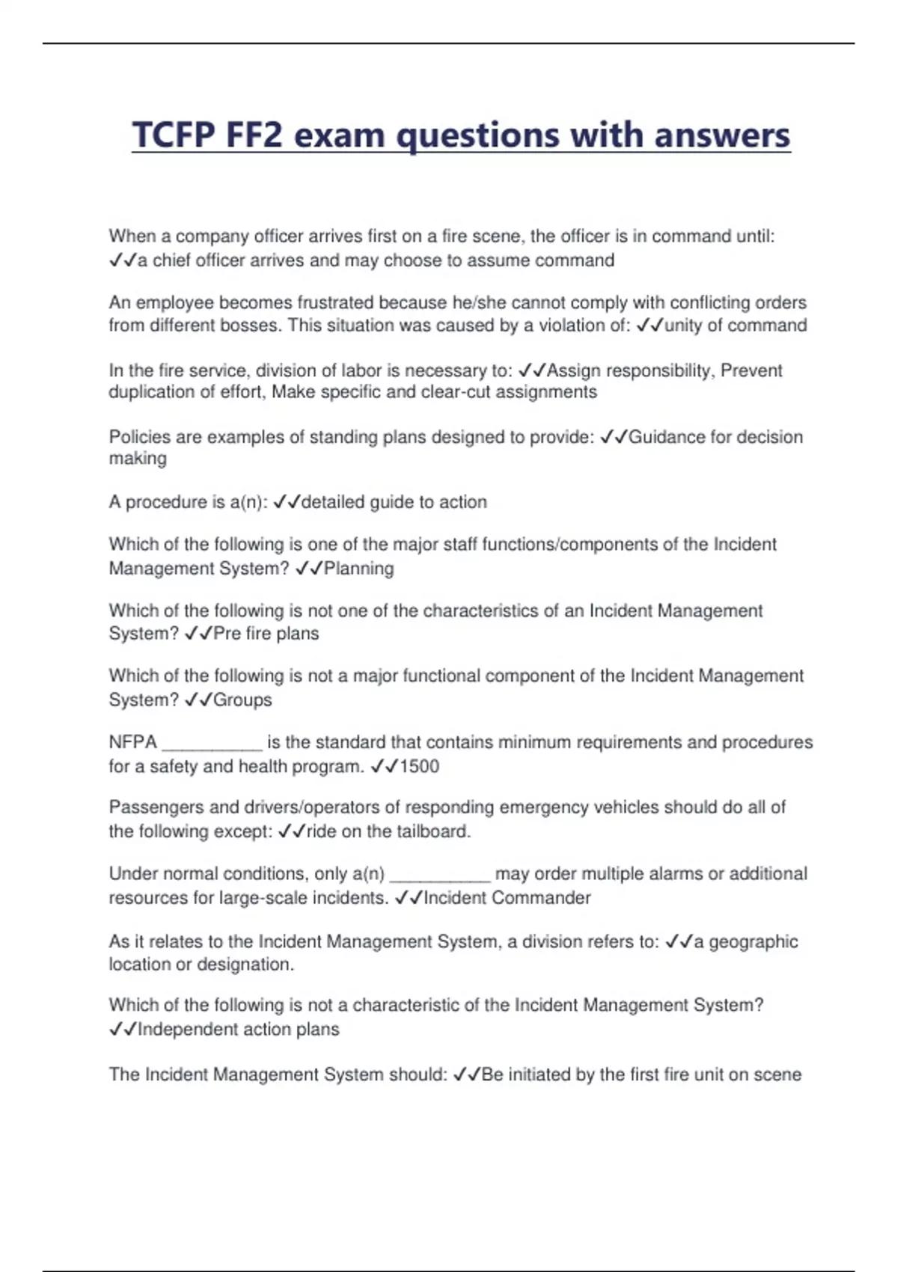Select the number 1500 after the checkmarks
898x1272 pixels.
pyautogui.click(x=420, y=766)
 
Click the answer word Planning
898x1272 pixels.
pyautogui.click(x=358, y=569)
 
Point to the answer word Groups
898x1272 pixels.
pyautogui.click(x=242, y=700)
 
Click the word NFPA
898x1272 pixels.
pyautogui.click(x=133, y=742)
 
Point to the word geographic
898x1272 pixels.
pyautogui.click(x=753, y=942)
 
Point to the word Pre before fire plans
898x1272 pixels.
pyautogui.click(x=227, y=634)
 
